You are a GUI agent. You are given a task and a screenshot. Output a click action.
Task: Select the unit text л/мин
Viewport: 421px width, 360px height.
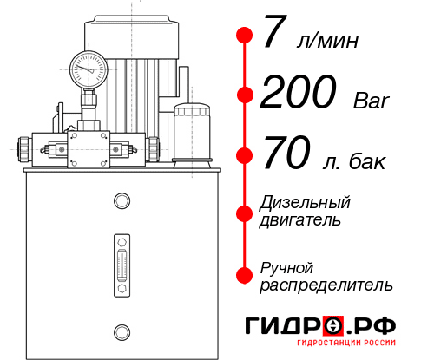coord(326,41)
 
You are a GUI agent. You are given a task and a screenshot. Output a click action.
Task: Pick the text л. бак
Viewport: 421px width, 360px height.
coord(352,161)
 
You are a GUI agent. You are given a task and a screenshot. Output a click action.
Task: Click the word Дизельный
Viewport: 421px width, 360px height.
coord(305,202)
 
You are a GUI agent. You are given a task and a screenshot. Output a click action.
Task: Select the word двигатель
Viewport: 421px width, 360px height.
coord(300,219)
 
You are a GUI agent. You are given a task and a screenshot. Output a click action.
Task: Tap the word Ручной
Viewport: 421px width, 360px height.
coord(286,267)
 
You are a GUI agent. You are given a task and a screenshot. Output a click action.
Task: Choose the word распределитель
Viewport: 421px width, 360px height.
coord(326,285)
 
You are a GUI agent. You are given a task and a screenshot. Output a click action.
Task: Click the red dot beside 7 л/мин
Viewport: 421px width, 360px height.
coord(245,36)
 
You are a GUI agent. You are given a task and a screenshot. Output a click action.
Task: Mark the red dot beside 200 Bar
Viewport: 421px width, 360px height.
coord(245,95)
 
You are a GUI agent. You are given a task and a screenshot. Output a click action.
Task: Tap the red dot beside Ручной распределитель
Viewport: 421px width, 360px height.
coord(245,275)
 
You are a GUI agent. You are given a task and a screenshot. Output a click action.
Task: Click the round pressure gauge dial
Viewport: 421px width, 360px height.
coord(89,66)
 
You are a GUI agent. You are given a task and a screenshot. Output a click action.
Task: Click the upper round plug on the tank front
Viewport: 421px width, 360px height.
coord(121,202)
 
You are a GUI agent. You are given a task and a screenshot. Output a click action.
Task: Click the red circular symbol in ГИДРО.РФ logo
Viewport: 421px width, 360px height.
coord(335,326)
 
